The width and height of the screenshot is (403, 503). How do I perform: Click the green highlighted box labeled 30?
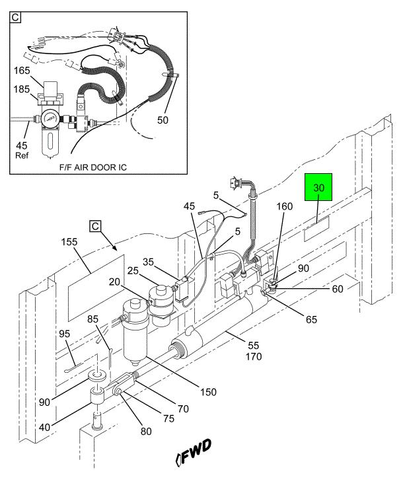[x=318, y=187]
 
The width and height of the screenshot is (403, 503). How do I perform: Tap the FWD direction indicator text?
[x=194, y=452]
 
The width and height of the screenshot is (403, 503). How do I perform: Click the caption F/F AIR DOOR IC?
[x=93, y=167]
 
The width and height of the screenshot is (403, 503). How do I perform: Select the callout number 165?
[x=22, y=71]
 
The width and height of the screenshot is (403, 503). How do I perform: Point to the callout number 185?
[x=22, y=89]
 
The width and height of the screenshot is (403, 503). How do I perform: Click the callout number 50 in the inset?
[x=163, y=120]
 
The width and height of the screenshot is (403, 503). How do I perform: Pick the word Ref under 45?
[x=22, y=155]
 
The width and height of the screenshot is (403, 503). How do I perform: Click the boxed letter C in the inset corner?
[x=15, y=17]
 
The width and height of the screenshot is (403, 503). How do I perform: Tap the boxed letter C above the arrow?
[x=95, y=226]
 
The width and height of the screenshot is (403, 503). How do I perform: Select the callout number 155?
[x=69, y=241]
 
